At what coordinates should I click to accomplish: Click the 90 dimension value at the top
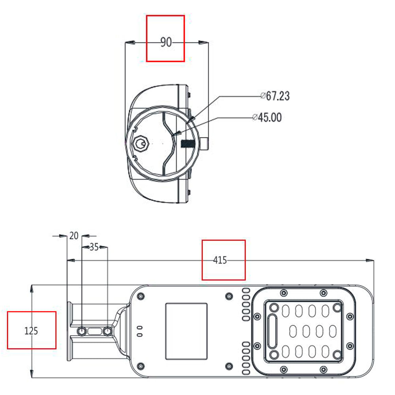(166, 42)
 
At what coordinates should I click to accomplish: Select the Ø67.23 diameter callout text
(275, 96)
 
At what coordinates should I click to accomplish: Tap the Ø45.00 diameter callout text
(267, 117)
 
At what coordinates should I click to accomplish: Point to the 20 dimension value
(73, 236)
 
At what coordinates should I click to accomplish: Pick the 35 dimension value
(94, 247)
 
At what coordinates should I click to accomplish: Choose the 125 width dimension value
(31, 330)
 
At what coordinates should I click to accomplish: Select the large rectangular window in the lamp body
(186, 331)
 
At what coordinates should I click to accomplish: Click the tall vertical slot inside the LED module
(272, 331)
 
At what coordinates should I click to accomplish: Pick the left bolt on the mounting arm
(81, 331)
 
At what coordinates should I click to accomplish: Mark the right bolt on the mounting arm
(107, 331)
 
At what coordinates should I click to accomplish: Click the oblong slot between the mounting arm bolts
(94, 331)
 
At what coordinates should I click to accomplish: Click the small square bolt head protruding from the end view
(205, 143)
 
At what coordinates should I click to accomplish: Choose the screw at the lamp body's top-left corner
(140, 295)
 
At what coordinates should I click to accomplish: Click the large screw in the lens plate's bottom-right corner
(337, 354)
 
